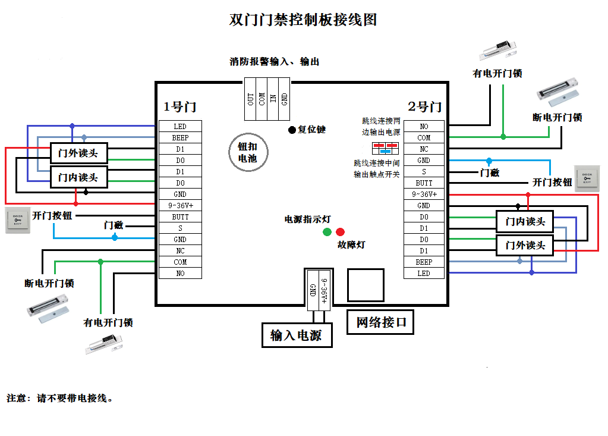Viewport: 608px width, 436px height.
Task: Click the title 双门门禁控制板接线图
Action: coord(303,20)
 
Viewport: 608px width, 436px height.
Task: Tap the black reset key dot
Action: coord(292,130)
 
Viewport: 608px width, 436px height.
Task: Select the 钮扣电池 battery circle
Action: coord(247,153)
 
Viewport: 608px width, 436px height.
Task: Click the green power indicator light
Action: coord(327,232)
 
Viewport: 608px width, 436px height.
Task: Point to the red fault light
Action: coord(340,232)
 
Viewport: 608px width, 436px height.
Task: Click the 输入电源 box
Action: coord(296,335)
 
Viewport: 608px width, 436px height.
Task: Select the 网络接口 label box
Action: coord(380,322)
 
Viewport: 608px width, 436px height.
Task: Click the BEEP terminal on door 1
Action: coord(180,137)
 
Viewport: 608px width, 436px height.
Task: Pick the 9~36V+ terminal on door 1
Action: coord(180,205)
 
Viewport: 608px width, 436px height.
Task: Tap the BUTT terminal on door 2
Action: coord(424,183)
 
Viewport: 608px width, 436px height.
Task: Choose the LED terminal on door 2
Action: coord(424,273)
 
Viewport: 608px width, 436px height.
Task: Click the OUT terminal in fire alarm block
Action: coord(250,99)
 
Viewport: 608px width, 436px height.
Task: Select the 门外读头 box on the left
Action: coord(78,153)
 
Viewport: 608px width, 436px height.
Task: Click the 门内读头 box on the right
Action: coord(525,222)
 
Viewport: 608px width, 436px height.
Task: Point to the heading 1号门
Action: coord(180,107)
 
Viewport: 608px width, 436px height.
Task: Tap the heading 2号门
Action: coord(424,107)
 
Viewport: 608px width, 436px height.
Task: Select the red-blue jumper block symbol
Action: coord(385,148)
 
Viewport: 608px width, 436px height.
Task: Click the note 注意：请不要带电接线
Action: coord(59,398)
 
